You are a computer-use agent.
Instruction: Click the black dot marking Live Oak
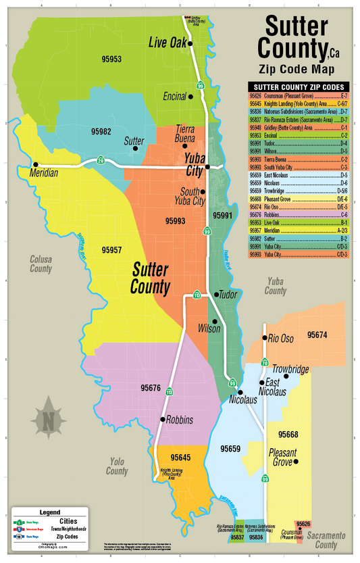(x=190, y=44)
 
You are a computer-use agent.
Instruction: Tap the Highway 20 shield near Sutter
(x=100, y=160)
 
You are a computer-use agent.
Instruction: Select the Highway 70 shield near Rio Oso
(x=265, y=362)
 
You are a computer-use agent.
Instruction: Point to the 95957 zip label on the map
(x=111, y=250)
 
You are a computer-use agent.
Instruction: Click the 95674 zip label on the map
(x=317, y=335)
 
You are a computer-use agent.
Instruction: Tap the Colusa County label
(x=41, y=264)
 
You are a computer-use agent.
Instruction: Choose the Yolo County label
(x=117, y=467)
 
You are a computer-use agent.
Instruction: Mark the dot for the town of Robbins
(x=162, y=420)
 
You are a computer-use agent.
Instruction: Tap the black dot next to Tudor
(x=215, y=295)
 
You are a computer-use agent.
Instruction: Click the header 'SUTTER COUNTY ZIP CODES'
(x=299, y=87)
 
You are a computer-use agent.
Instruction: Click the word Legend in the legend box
(x=50, y=513)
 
